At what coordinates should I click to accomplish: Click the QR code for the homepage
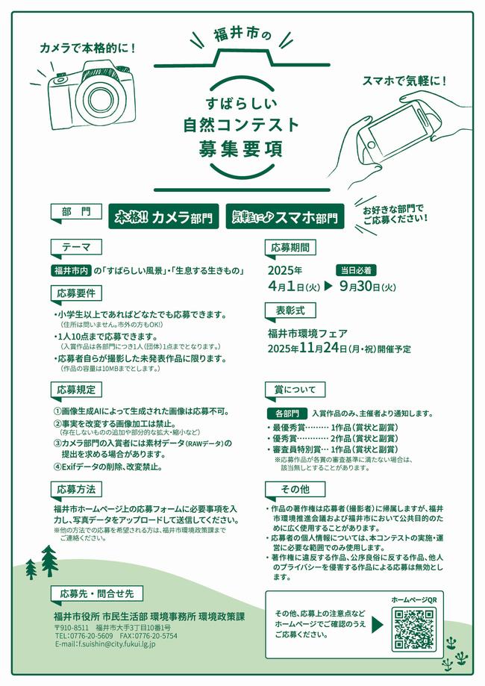(413, 629)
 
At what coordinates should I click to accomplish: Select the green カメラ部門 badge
(163, 216)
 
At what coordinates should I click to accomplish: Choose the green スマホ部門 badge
(285, 216)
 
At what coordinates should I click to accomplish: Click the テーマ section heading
(77, 247)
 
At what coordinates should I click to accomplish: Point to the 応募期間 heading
(290, 247)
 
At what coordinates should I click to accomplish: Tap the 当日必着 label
(357, 270)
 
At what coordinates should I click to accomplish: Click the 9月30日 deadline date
(367, 286)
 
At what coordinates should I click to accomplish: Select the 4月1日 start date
(294, 286)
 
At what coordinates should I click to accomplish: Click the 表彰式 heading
(290, 311)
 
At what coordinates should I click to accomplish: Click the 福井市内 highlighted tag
(72, 271)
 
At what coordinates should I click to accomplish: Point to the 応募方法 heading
(77, 489)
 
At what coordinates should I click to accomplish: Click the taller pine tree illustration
(49, 561)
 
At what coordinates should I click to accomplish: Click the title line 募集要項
(240, 149)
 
